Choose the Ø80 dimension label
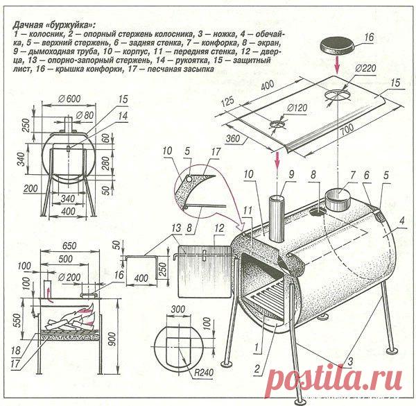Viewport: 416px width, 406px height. (x=84, y=115)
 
